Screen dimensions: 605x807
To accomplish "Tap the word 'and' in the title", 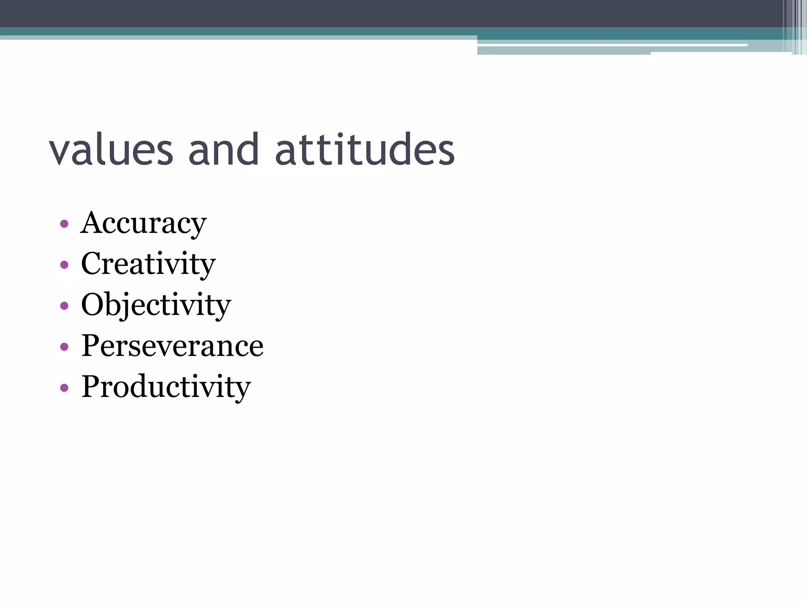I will point(223,150).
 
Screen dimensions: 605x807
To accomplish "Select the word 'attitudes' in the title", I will point(365,150).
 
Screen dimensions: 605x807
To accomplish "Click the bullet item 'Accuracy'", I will point(143,224).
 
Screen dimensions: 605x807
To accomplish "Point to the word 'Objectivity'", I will point(156,306).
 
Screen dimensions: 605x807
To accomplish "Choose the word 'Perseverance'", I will point(172,346).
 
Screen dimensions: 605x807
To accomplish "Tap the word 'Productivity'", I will point(166,387).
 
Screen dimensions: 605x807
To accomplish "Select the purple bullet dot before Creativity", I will point(64,265).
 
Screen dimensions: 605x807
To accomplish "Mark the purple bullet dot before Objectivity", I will point(64,306).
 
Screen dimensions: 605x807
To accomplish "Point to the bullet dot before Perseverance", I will point(64,347).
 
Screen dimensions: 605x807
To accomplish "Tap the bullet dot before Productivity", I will point(64,388).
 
